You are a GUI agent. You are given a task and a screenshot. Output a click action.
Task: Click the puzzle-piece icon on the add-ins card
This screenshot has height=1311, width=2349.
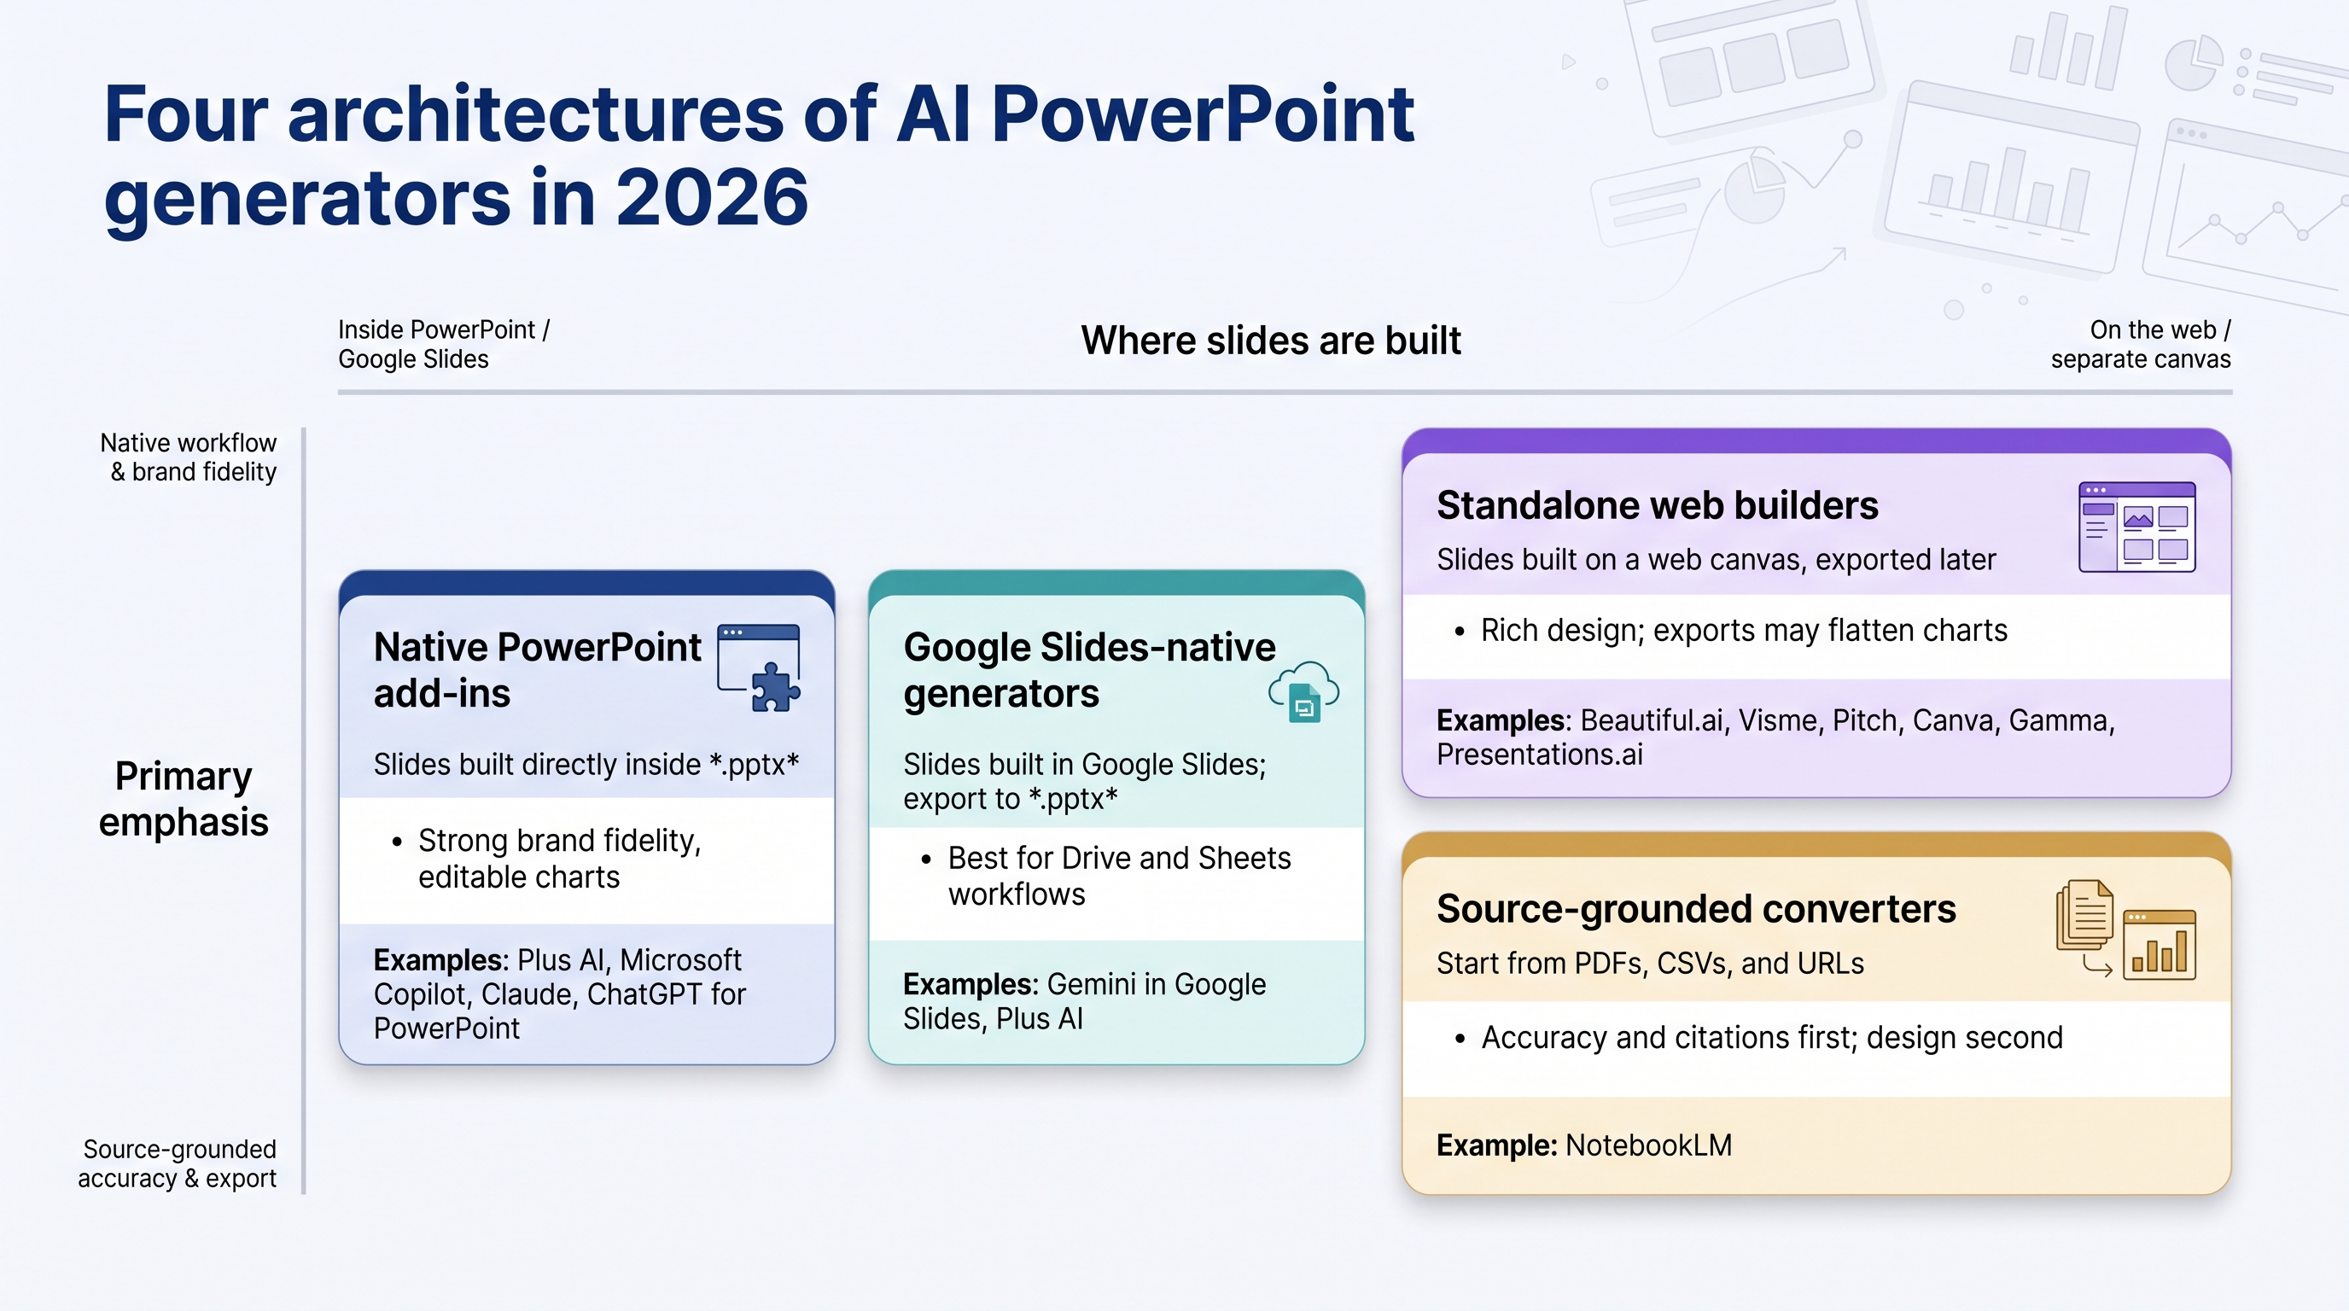[x=775, y=686]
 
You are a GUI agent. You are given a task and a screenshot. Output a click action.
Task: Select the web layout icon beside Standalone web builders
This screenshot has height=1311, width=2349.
[x=2136, y=527]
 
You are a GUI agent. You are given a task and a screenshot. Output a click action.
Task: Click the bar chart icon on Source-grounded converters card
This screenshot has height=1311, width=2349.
[x=2159, y=945]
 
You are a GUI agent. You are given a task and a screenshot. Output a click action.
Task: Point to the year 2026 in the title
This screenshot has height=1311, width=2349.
[x=711, y=198]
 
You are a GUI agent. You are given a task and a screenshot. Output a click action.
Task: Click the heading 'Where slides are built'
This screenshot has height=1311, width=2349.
[x=1270, y=341]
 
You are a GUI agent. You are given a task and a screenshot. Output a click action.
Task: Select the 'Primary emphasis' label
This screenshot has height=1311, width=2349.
[x=184, y=799]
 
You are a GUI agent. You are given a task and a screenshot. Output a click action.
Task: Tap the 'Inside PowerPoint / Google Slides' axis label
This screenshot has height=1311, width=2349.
[x=444, y=344]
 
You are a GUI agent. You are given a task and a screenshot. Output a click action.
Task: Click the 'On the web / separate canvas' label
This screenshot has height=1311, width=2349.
[x=2140, y=344]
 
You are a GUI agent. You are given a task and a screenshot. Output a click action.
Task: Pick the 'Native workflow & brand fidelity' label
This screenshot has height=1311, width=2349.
[x=188, y=457]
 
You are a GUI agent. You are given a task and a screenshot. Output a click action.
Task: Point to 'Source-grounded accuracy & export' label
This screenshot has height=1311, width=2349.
[x=177, y=1163]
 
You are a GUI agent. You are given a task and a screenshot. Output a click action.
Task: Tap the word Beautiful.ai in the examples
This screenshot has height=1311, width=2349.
[x=1652, y=720]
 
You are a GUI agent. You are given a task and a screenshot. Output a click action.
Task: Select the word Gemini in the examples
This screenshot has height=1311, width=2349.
[x=1091, y=985]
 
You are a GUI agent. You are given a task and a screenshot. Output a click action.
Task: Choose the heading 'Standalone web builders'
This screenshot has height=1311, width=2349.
[x=1657, y=505]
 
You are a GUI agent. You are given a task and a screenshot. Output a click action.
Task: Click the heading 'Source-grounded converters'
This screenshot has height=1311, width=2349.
[x=1696, y=909]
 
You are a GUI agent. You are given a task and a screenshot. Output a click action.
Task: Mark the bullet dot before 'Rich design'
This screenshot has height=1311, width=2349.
[x=1460, y=632]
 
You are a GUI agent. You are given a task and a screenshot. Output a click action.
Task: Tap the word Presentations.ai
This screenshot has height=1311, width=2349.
[x=1539, y=755]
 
